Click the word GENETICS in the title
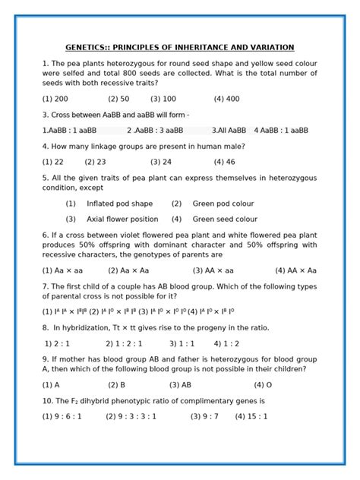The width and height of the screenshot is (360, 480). click(x=89, y=47)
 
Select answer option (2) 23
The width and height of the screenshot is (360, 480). click(x=96, y=162)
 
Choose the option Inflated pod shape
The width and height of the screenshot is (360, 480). click(x=119, y=204)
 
